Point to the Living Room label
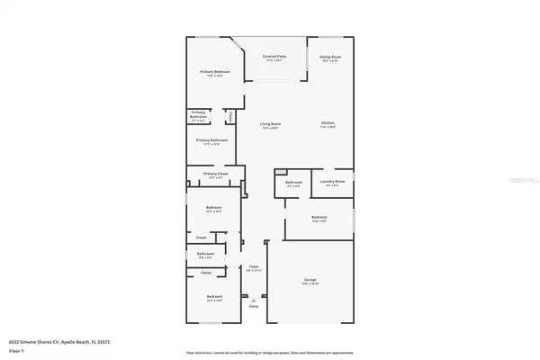[270, 125]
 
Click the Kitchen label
[328, 125]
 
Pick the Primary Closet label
[214, 175]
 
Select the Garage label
[310, 283]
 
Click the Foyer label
[254, 268]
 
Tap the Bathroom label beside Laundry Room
[293, 183]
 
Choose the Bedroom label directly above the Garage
[319, 218]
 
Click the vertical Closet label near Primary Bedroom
[230, 116]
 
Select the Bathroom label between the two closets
[205, 255]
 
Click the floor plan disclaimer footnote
[269, 353]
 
